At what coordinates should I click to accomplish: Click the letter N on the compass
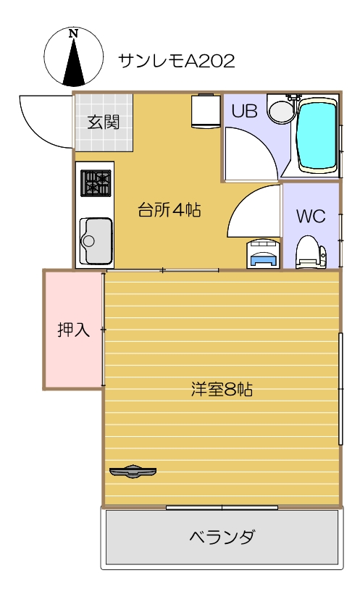73,34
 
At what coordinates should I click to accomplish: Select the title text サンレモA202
177,61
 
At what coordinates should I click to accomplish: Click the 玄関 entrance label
104,122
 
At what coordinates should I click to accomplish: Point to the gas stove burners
96,183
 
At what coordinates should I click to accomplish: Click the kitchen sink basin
96,241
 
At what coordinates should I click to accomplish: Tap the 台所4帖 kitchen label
169,209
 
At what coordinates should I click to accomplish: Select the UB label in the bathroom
244,112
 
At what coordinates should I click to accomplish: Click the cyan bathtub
317,135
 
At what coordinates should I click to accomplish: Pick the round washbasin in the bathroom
282,111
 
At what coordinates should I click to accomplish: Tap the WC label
311,216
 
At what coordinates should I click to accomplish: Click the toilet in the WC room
310,252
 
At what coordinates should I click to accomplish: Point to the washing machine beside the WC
264,254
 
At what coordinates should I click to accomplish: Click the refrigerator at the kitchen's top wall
206,111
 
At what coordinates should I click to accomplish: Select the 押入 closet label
73,330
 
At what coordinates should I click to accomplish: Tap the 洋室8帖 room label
222,389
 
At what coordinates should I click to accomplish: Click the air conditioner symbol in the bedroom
133,472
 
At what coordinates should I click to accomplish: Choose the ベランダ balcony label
222,537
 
